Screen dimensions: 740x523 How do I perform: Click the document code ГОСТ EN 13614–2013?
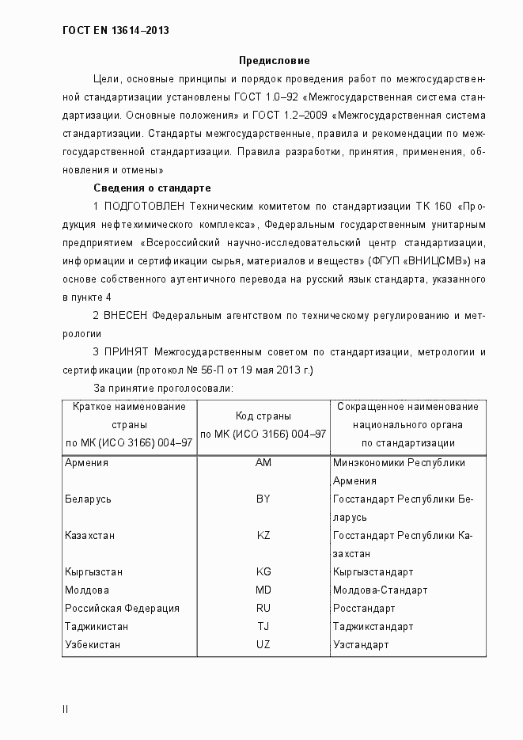click(116, 31)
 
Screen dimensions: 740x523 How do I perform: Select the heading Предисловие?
click(275, 61)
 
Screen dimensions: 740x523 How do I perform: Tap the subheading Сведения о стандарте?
click(152, 188)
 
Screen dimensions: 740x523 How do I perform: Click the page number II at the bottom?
click(65, 709)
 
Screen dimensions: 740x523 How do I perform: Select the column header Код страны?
click(263, 416)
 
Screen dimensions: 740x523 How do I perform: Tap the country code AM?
click(263, 463)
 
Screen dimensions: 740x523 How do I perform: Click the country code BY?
click(263, 499)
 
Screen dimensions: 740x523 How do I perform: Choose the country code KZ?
click(263, 536)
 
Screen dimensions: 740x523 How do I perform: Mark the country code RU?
click(263, 609)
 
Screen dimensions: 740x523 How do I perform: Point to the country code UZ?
click(263, 645)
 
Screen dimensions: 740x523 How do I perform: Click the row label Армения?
click(86, 463)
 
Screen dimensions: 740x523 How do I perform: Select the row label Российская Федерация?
click(122, 609)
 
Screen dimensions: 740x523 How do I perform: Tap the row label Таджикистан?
click(97, 627)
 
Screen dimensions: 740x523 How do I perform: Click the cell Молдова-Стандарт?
click(380, 590)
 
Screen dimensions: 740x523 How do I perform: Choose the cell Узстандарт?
click(361, 645)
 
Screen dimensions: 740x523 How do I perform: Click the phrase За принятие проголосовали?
click(162, 389)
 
